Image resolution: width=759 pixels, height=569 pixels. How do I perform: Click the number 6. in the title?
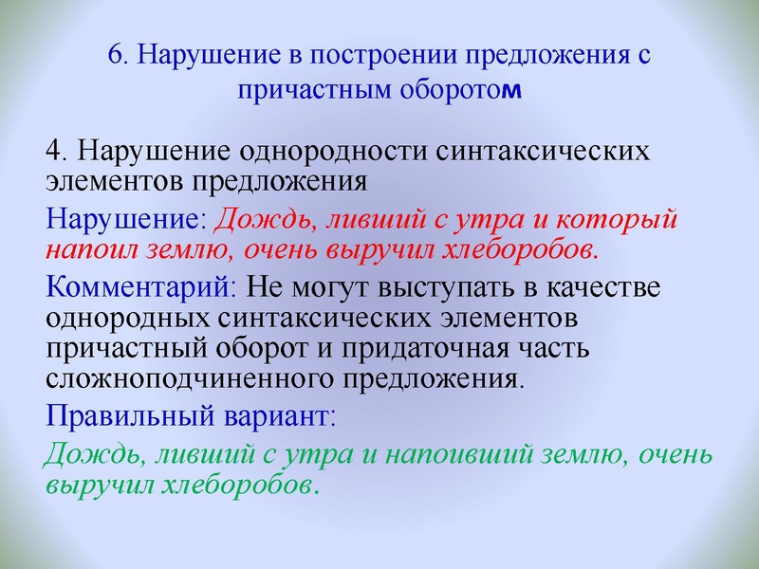[118, 54]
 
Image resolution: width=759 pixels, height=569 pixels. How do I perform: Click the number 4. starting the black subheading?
[57, 152]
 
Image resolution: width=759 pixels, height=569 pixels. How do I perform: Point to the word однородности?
[325, 152]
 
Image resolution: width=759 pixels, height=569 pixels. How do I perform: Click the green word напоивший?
[449, 454]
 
